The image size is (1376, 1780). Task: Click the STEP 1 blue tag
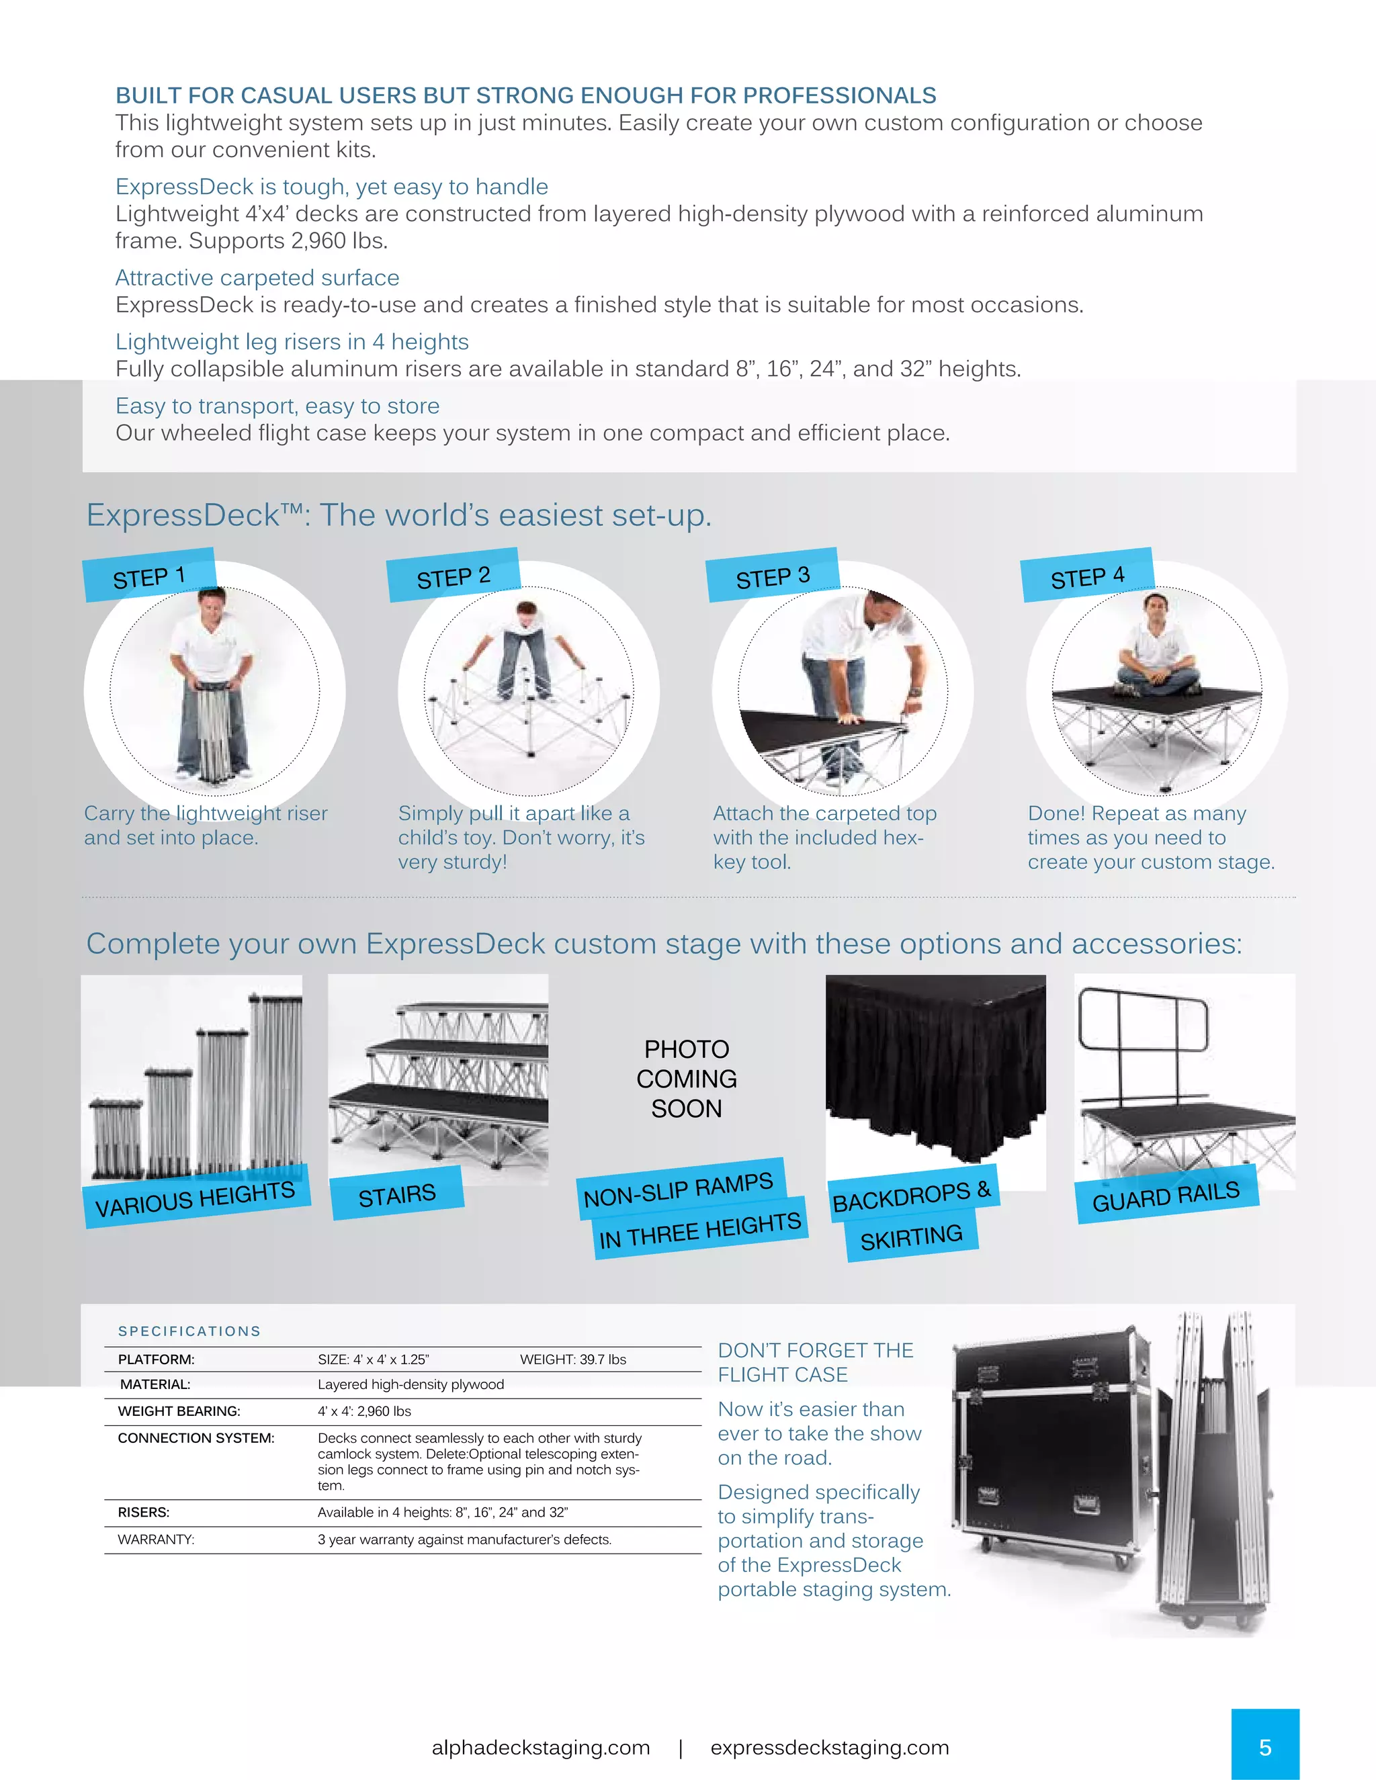(x=150, y=576)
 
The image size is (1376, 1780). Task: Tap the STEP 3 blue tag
(x=773, y=576)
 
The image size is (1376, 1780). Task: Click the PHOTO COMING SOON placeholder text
(x=687, y=1078)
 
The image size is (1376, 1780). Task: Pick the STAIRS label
(x=397, y=1195)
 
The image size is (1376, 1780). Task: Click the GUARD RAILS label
(x=1166, y=1196)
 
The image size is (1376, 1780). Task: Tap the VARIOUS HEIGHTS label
(x=196, y=1198)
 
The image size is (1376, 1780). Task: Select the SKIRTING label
(x=911, y=1237)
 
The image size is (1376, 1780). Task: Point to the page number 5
(x=1264, y=1747)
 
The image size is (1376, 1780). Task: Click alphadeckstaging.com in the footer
(x=540, y=1747)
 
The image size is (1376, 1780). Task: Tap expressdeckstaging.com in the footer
(x=830, y=1747)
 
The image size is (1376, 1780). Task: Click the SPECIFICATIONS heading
(x=189, y=1331)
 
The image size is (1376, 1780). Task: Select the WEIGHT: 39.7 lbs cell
(x=573, y=1360)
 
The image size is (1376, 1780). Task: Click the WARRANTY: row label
(x=156, y=1540)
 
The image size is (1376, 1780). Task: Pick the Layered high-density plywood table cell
(x=411, y=1385)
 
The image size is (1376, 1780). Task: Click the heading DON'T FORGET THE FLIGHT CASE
(x=815, y=1362)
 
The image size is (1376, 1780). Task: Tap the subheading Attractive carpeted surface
(x=257, y=278)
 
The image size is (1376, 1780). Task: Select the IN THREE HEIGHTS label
(x=700, y=1230)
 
